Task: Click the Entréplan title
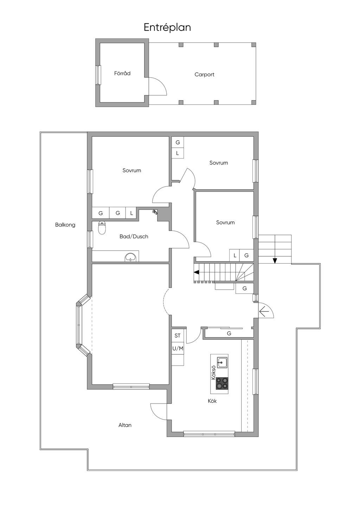pos(167,28)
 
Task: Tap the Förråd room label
pos(122,73)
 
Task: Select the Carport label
pos(204,75)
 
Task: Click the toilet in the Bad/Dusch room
pos(102,227)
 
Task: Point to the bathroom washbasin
pos(130,257)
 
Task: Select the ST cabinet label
pos(178,336)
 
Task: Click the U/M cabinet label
pos(178,348)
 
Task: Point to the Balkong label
pos(65,225)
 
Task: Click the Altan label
pos(125,425)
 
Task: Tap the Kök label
pos(212,401)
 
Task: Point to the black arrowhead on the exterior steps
pos(275,261)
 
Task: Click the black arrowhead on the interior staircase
pos(197,272)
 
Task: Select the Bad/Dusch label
pos(134,237)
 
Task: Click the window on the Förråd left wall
pos(98,75)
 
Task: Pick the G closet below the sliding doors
pos(229,333)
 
